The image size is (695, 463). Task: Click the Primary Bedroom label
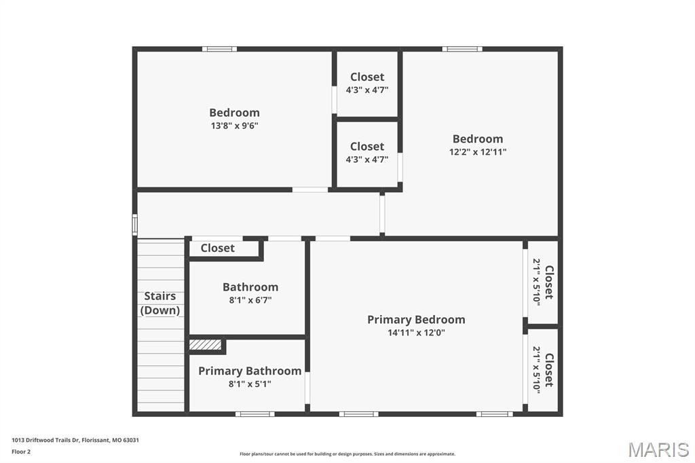pyautogui.click(x=416, y=319)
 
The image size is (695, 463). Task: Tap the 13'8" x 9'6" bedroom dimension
pyautogui.click(x=234, y=126)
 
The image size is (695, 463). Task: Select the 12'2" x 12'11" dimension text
pyautogui.click(x=478, y=152)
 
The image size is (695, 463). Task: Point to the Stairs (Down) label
pyautogui.click(x=160, y=303)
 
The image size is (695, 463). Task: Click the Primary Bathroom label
pyautogui.click(x=250, y=371)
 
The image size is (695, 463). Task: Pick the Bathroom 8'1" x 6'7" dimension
pyautogui.click(x=250, y=300)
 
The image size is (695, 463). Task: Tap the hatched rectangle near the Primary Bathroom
pyautogui.click(x=206, y=345)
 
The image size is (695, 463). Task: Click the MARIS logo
pyautogui.click(x=658, y=449)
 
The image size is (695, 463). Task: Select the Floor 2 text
pyautogui.click(x=21, y=451)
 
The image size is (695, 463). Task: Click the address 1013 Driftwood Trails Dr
pyautogui.click(x=75, y=440)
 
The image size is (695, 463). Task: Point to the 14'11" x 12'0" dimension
pyautogui.click(x=416, y=333)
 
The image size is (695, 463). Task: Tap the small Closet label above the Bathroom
pyautogui.click(x=218, y=248)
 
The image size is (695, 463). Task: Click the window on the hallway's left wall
pyautogui.click(x=134, y=224)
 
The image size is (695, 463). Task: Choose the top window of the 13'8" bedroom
pyautogui.click(x=219, y=49)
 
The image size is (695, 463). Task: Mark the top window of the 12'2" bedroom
pyautogui.click(x=462, y=49)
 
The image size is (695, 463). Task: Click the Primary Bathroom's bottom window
pyautogui.click(x=255, y=413)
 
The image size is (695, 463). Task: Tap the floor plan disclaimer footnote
pyautogui.click(x=347, y=454)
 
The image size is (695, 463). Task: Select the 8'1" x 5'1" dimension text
pyautogui.click(x=250, y=384)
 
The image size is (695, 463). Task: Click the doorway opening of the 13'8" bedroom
pyautogui.click(x=310, y=189)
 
